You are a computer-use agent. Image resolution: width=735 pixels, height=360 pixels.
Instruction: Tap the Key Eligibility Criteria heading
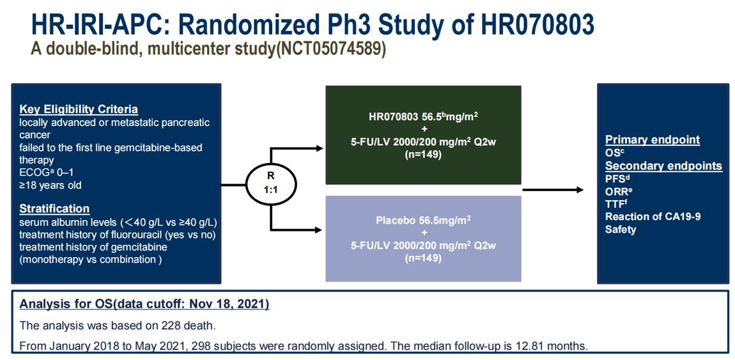(x=79, y=110)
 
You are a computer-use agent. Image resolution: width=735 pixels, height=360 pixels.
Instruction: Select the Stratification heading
(x=54, y=208)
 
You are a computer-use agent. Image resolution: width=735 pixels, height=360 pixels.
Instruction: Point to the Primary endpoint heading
(x=653, y=139)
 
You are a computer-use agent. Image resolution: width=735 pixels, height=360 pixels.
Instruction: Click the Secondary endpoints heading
(x=664, y=166)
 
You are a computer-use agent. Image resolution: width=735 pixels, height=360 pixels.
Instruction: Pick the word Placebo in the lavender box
(x=395, y=221)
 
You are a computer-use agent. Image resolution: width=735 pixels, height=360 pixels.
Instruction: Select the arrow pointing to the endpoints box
(x=553, y=190)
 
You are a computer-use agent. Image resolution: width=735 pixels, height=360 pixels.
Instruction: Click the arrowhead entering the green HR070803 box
(x=319, y=148)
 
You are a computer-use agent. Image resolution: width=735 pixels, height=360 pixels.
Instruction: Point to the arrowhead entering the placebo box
(x=319, y=230)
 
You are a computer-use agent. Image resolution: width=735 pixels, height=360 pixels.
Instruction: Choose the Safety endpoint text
(x=621, y=230)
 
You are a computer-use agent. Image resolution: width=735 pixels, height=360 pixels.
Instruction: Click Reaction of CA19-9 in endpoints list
(x=653, y=217)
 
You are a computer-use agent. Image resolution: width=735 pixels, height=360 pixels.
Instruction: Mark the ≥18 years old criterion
(x=50, y=185)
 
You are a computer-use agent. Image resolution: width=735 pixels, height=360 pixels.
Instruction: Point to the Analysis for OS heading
(x=144, y=304)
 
